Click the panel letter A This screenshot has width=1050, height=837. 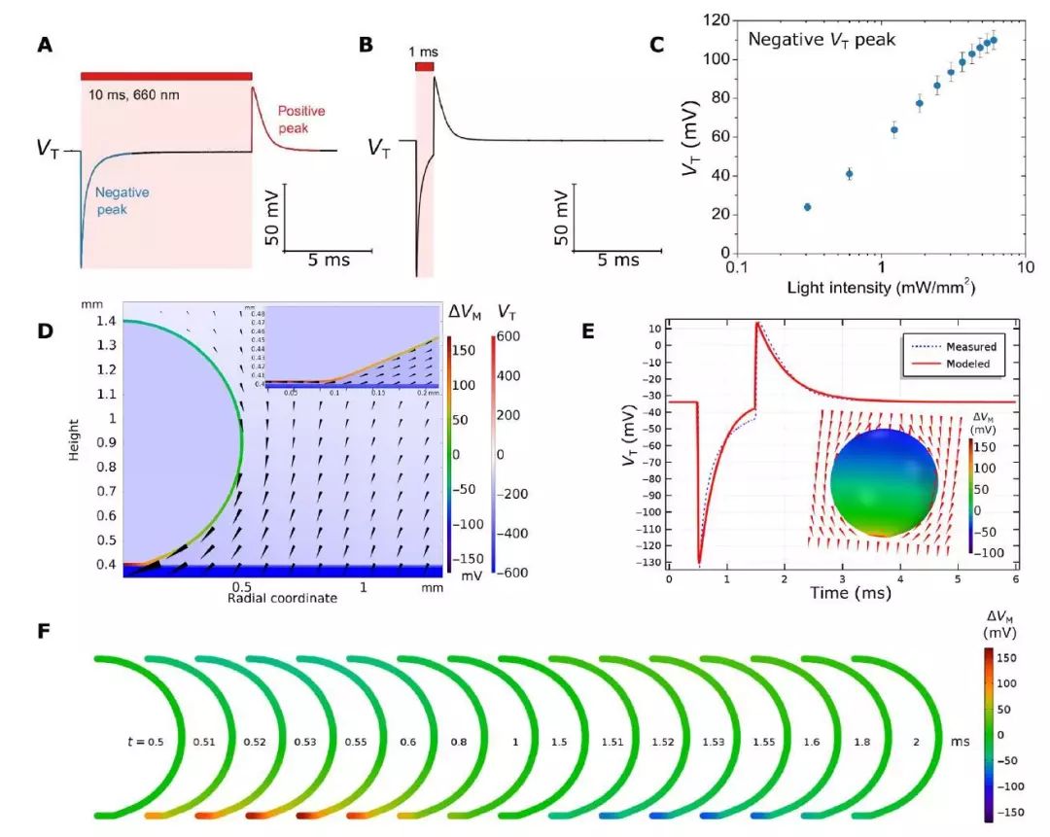(x=45, y=45)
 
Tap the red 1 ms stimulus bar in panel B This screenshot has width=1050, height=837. (x=424, y=66)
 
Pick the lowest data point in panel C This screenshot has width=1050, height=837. (x=807, y=207)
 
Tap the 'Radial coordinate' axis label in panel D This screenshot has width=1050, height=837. (x=282, y=598)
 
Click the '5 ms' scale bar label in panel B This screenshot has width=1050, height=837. (x=618, y=261)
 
